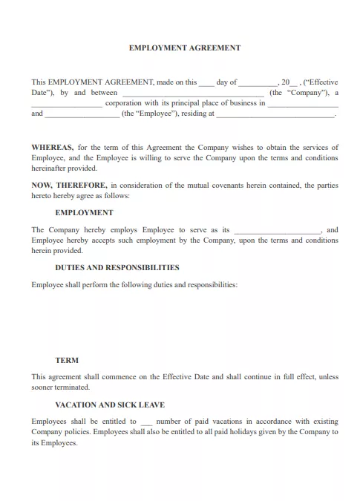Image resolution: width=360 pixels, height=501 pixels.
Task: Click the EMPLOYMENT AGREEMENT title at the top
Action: (x=185, y=48)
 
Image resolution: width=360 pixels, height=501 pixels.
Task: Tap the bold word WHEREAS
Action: (x=52, y=147)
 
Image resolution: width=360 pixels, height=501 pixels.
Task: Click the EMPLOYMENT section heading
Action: (x=84, y=212)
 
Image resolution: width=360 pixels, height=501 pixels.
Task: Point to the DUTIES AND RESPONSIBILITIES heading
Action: (x=117, y=267)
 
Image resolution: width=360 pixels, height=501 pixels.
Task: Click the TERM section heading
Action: (x=67, y=360)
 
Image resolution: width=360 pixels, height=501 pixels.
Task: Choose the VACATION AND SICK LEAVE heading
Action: (x=110, y=405)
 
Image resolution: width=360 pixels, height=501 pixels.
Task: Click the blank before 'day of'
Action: (x=206, y=83)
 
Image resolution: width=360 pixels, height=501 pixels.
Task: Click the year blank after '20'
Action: (x=293, y=83)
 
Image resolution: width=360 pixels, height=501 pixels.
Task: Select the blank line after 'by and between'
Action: (x=192, y=94)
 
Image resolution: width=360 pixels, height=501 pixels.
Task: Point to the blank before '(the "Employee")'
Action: (x=82, y=114)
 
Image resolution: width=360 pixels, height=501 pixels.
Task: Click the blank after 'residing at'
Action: (x=275, y=114)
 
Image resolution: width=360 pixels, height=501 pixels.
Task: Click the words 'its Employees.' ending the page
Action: (x=54, y=442)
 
